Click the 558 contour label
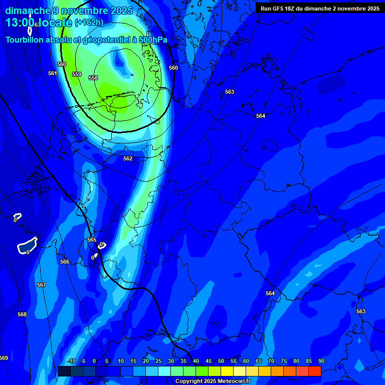[93, 78]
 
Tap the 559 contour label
[77, 74]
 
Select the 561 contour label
[53, 73]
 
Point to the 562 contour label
[128, 158]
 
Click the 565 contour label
[92, 240]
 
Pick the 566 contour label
[65, 262]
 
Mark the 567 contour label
[42, 285]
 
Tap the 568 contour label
[22, 314]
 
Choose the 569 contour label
[4, 358]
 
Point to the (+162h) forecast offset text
[89, 23]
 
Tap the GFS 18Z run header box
[320, 9]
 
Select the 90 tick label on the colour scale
[321, 361]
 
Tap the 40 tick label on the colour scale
[196, 361]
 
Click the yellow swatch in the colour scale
[227, 371]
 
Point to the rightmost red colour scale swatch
[314, 371]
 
